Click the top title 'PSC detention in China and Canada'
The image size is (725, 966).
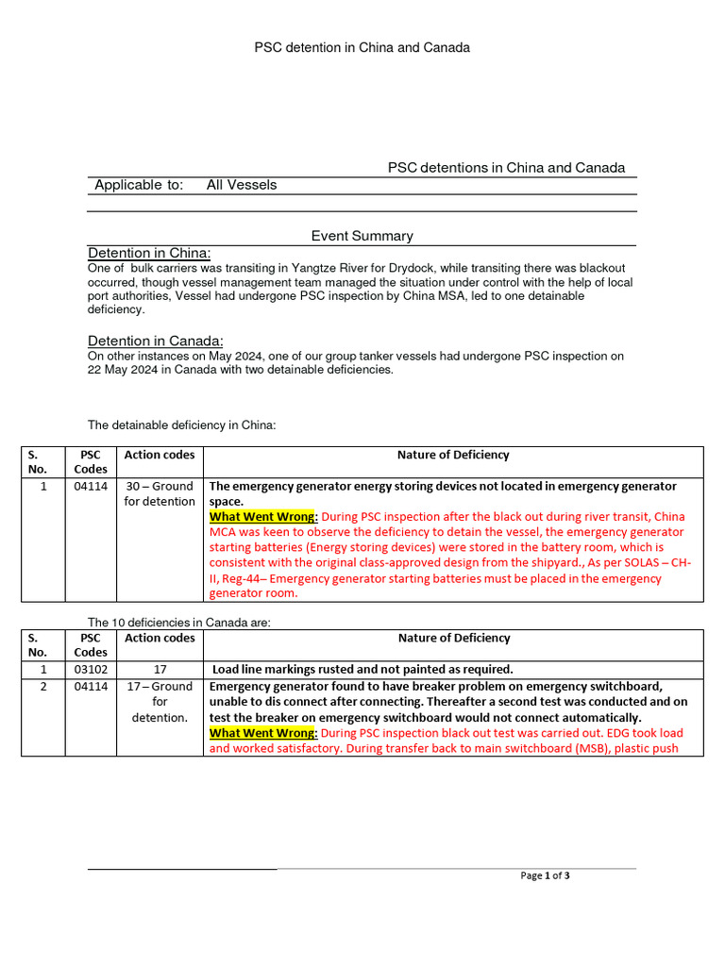click(x=362, y=47)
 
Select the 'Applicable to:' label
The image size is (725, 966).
click(x=139, y=185)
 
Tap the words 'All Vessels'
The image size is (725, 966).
click(x=242, y=185)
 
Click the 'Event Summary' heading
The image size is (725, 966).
click(x=362, y=236)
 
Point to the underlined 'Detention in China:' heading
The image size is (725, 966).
click(x=149, y=253)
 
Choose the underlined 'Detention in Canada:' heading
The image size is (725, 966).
click(x=156, y=341)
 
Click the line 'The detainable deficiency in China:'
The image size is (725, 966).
click(x=182, y=425)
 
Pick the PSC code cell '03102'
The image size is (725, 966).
click(x=91, y=669)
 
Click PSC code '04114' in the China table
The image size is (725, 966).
click(x=91, y=486)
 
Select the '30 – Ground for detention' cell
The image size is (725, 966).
click(x=160, y=493)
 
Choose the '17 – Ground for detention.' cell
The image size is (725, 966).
click(x=160, y=702)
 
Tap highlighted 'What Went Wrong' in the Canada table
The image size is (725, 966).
click(x=262, y=733)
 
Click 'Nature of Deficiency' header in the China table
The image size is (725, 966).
click(x=453, y=455)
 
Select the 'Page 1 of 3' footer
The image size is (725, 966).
click(x=545, y=875)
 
